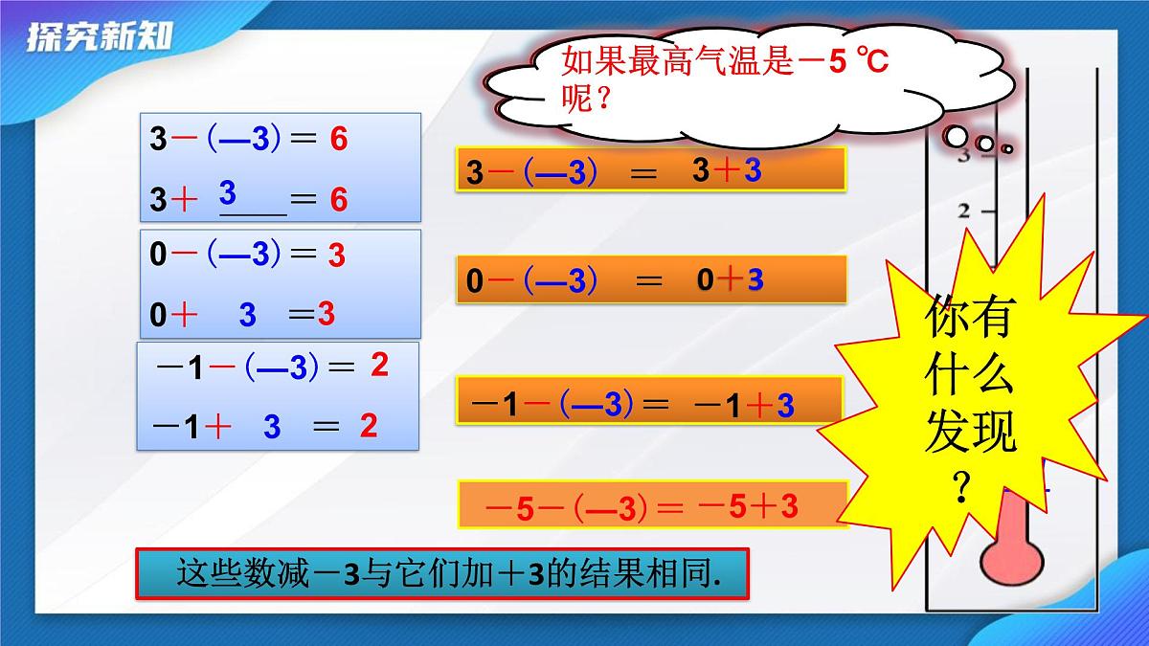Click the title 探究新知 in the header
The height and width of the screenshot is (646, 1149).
click(x=100, y=38)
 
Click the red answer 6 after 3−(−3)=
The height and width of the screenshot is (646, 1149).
click(x=338, y=140)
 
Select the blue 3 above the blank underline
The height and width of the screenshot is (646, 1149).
click(x=228, y=193)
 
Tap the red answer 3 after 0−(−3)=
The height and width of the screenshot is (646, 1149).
click(x=336, y=256)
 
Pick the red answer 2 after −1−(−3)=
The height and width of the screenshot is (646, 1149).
click(x=379, y=365)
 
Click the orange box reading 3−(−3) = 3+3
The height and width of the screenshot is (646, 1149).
click(x=651, y=171)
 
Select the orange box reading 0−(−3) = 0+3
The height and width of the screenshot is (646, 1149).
click(x=651, y=280)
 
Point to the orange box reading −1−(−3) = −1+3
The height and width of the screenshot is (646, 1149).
click(x=649, y=403)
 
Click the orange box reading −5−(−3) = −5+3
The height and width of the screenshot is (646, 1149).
click(x=653, y=505)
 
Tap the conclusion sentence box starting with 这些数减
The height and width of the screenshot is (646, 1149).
click(x=441, y=574)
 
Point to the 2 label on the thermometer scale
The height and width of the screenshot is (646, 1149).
click(x=964, y=211)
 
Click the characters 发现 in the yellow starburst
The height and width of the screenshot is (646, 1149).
click(x=970, y=436)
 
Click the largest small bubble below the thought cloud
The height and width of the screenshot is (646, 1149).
click(x=957, y=137)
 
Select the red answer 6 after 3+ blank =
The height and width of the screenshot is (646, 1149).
click(x=338, y=200)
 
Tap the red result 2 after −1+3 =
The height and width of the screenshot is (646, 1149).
click(x=369, y=426)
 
